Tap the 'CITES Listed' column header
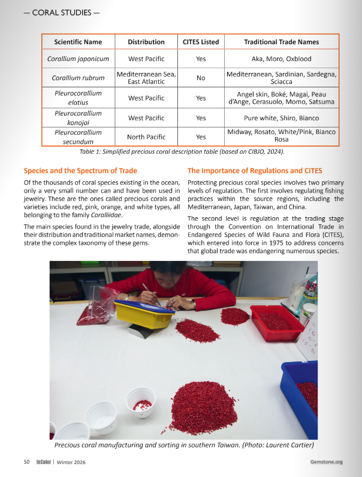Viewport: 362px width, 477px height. [201, 42]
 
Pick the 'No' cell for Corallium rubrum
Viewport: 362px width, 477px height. [201, 78]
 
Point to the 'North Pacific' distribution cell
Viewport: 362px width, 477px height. [146, 136]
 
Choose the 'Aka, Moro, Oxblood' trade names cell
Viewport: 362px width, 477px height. [281, 59]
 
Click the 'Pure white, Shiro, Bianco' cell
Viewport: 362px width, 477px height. [281, 118]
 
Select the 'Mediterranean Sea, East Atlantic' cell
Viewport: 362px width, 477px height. [146, 78]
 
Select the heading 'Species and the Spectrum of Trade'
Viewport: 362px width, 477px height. [80, 171]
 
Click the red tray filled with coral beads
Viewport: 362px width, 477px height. [276, 322]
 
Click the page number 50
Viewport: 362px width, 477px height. [26, 461]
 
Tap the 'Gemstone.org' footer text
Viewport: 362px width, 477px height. [326, 461]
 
